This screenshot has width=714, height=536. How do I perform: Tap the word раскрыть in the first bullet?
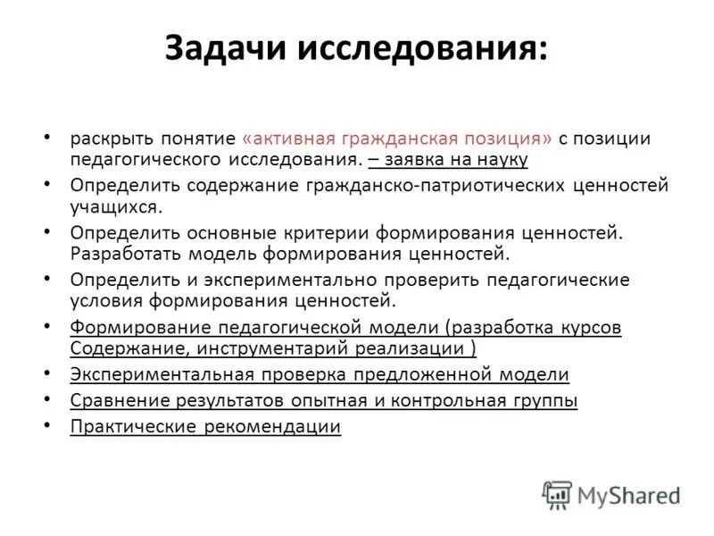click(x=107, y=139)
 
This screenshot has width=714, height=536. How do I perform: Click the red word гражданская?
click(x=395, y=139)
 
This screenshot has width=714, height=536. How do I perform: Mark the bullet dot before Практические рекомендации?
click(x=47, y=424)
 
